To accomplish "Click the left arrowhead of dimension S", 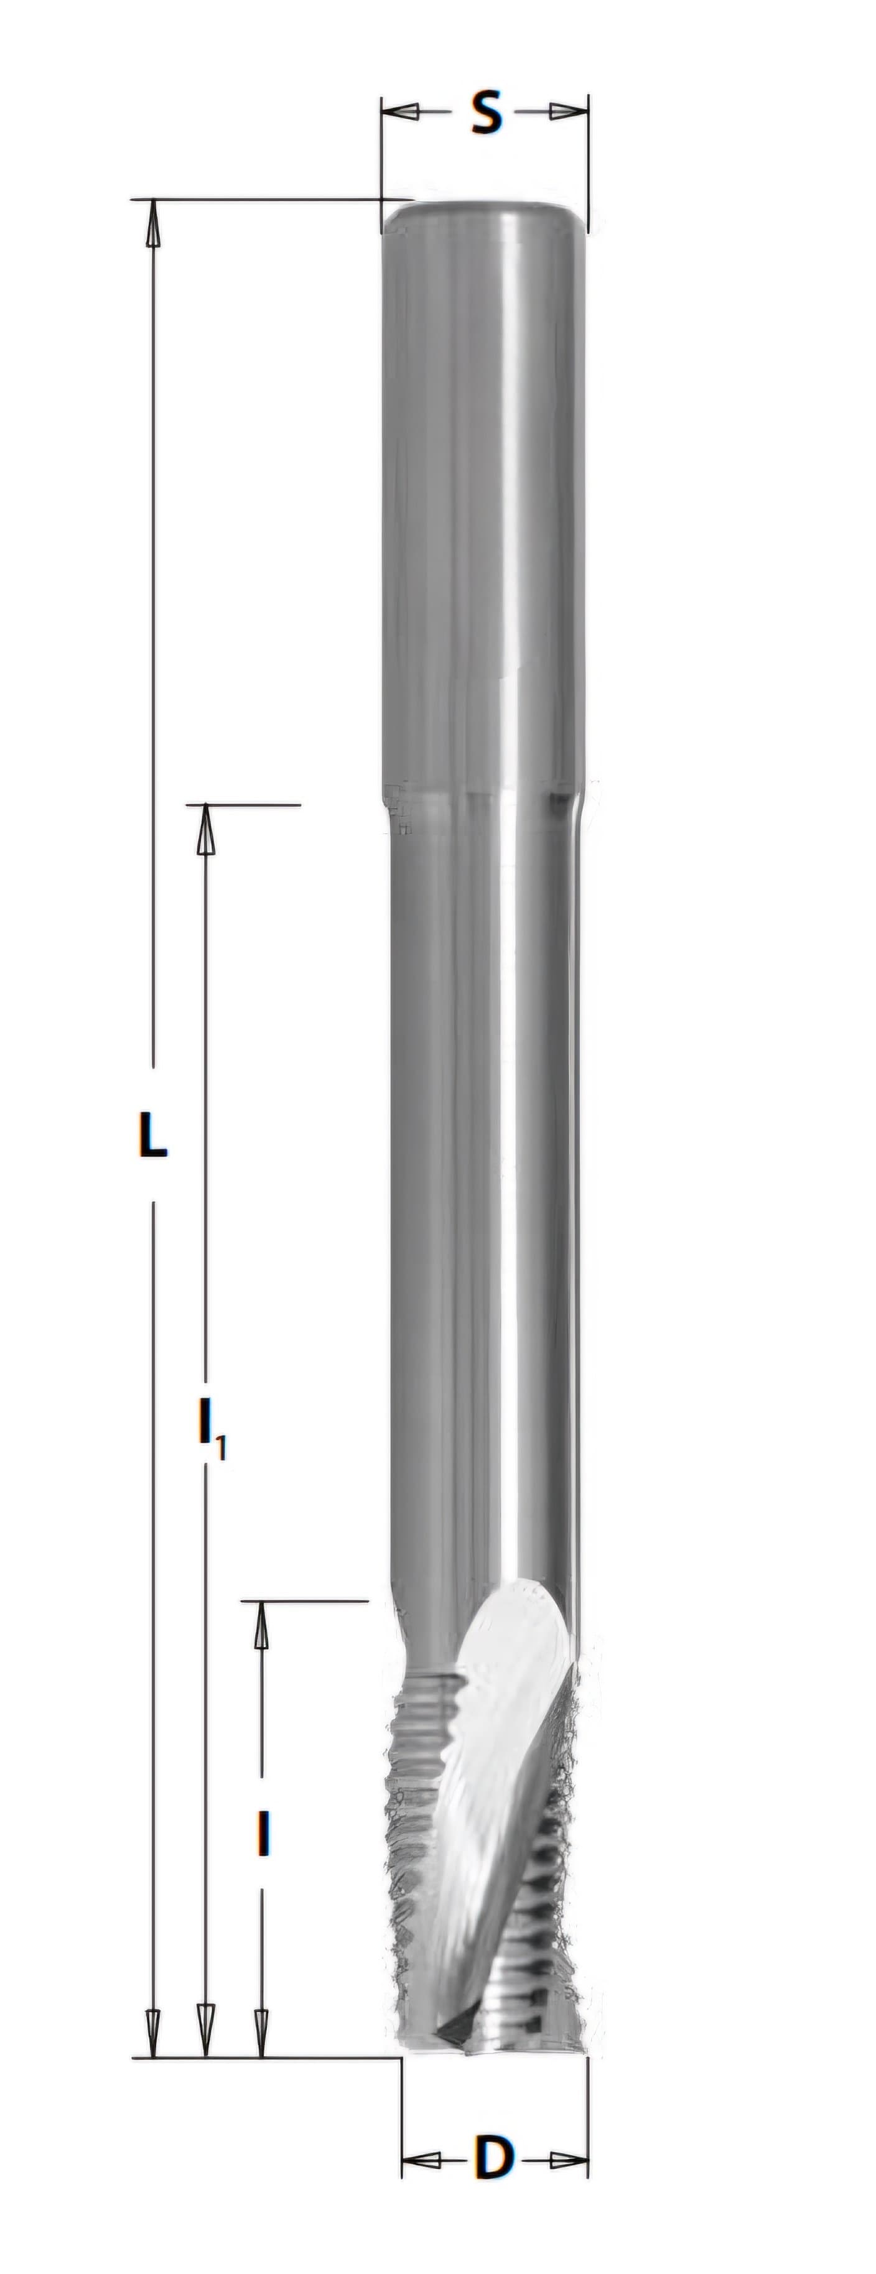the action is tap(400, 112).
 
